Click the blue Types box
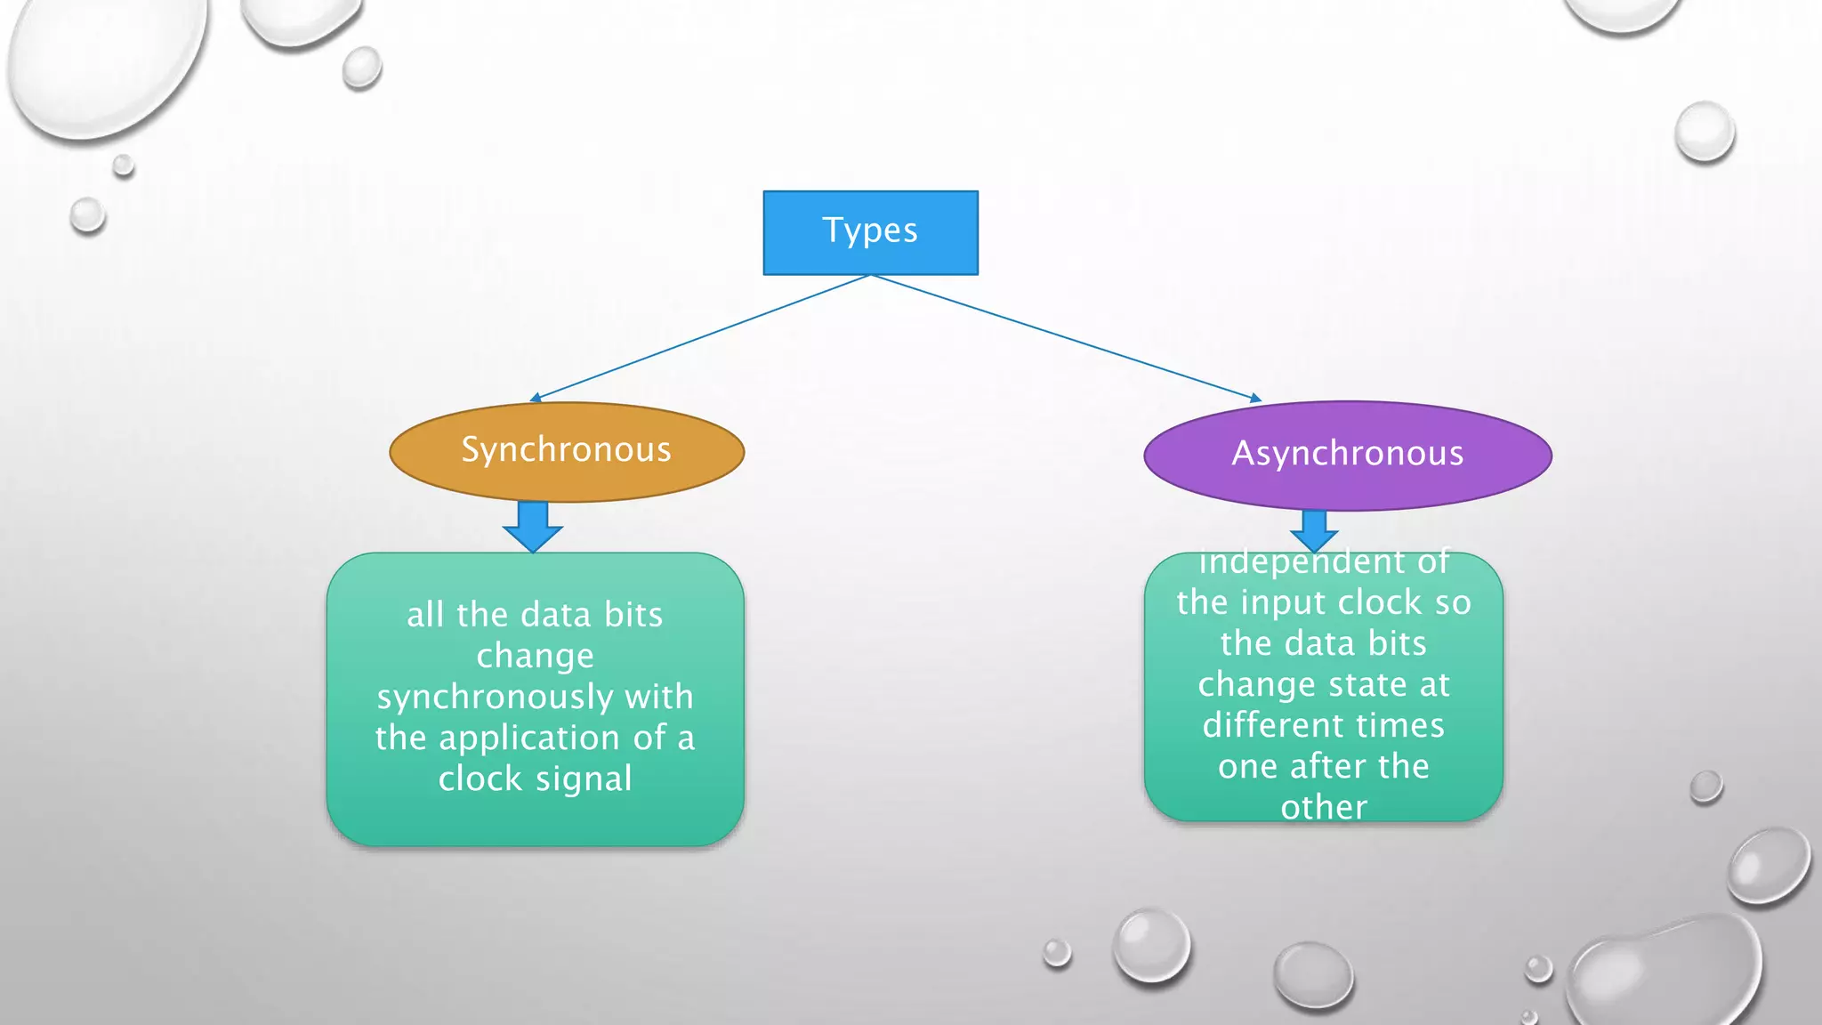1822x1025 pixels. (870, 232)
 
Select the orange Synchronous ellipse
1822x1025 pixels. (567, 451)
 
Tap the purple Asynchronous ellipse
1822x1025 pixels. (1347, 455)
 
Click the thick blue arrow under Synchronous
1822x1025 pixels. (533, 526)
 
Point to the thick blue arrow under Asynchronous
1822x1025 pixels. (1314, 529)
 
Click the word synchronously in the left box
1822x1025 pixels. (495, 698)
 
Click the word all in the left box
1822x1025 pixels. (424, 616)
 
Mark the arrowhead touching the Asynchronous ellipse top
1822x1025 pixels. (1255, 399)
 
